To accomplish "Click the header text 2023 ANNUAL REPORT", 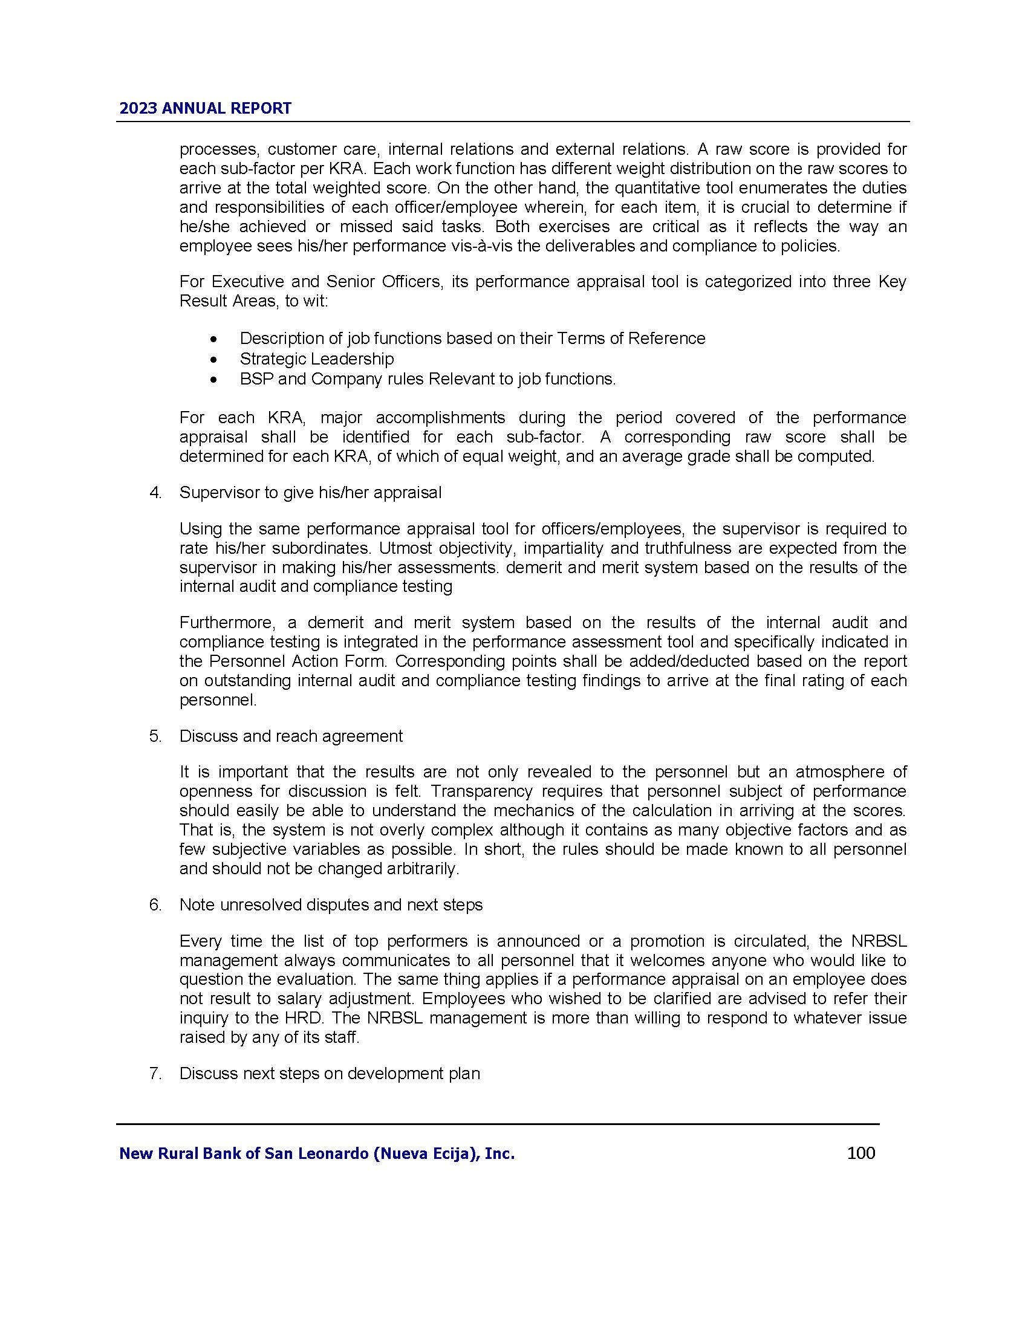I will tap(205, 108).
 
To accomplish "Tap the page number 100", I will tap(860, 1153).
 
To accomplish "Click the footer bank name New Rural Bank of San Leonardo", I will tap(317, 1153).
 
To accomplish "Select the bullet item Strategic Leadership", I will tap(316, 358).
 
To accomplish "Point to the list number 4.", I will tap(155, 493).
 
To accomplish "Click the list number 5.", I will tap(155, 736).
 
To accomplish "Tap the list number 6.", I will tap(155, 905).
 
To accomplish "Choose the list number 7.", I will tap(155, 1074).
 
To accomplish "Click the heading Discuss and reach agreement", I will tap(290, 736).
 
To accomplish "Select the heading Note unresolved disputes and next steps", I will tap(331, 905).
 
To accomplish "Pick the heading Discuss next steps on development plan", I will tap(330, 1074).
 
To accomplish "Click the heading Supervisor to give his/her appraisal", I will tap(310, 493).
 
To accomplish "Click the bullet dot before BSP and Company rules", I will tap(212, 380).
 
